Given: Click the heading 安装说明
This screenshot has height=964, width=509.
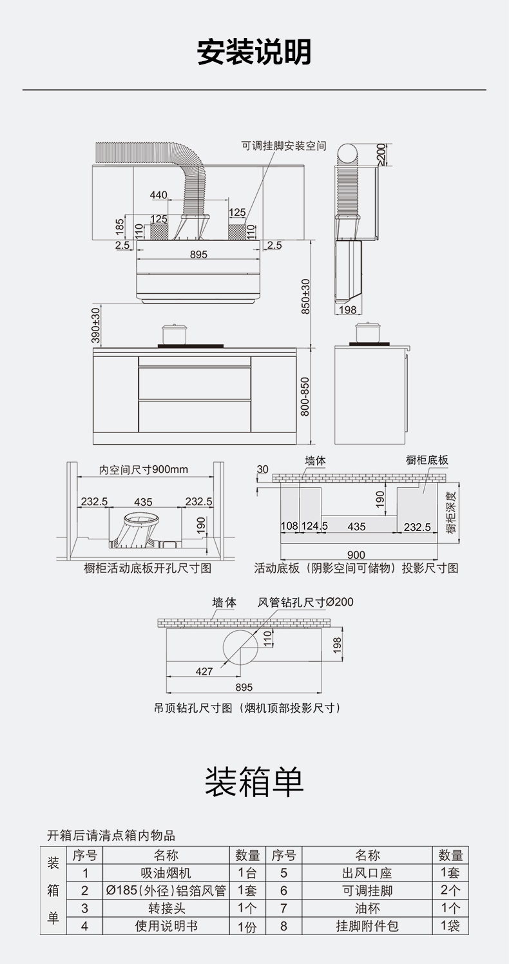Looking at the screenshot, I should point(254,52).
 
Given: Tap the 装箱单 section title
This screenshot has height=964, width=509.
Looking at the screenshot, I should point(254,782).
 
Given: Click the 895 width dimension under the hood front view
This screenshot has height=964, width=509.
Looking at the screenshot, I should point(199,255).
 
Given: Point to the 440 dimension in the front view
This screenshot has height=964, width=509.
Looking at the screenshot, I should point(158,195).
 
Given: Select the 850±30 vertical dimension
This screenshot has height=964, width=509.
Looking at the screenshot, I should point(306,296).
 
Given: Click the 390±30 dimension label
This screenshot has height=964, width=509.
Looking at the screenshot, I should point(95,325).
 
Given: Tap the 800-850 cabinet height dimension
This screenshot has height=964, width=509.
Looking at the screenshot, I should point(305,396).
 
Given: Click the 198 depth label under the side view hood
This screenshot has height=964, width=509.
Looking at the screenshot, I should point(347,310).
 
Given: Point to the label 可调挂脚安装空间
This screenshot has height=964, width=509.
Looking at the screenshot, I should point(283,146).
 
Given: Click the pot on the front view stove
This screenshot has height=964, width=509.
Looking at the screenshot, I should point(174,334).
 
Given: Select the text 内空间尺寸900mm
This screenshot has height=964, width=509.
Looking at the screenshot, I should point(144,469).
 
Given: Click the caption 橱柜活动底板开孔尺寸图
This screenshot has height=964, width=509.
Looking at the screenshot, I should point(148,568).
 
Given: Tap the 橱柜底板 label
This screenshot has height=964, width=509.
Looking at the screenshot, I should point(427,460).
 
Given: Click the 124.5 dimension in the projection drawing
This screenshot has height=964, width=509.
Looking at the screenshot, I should point(315,526).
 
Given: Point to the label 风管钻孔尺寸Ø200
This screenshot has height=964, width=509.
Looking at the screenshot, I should point(305,602).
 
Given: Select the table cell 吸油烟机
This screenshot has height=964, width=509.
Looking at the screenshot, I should point(166,874).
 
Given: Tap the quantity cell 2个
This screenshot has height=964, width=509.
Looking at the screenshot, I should point(450,891).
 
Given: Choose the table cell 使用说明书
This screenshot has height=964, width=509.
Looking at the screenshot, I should point(166,927).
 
